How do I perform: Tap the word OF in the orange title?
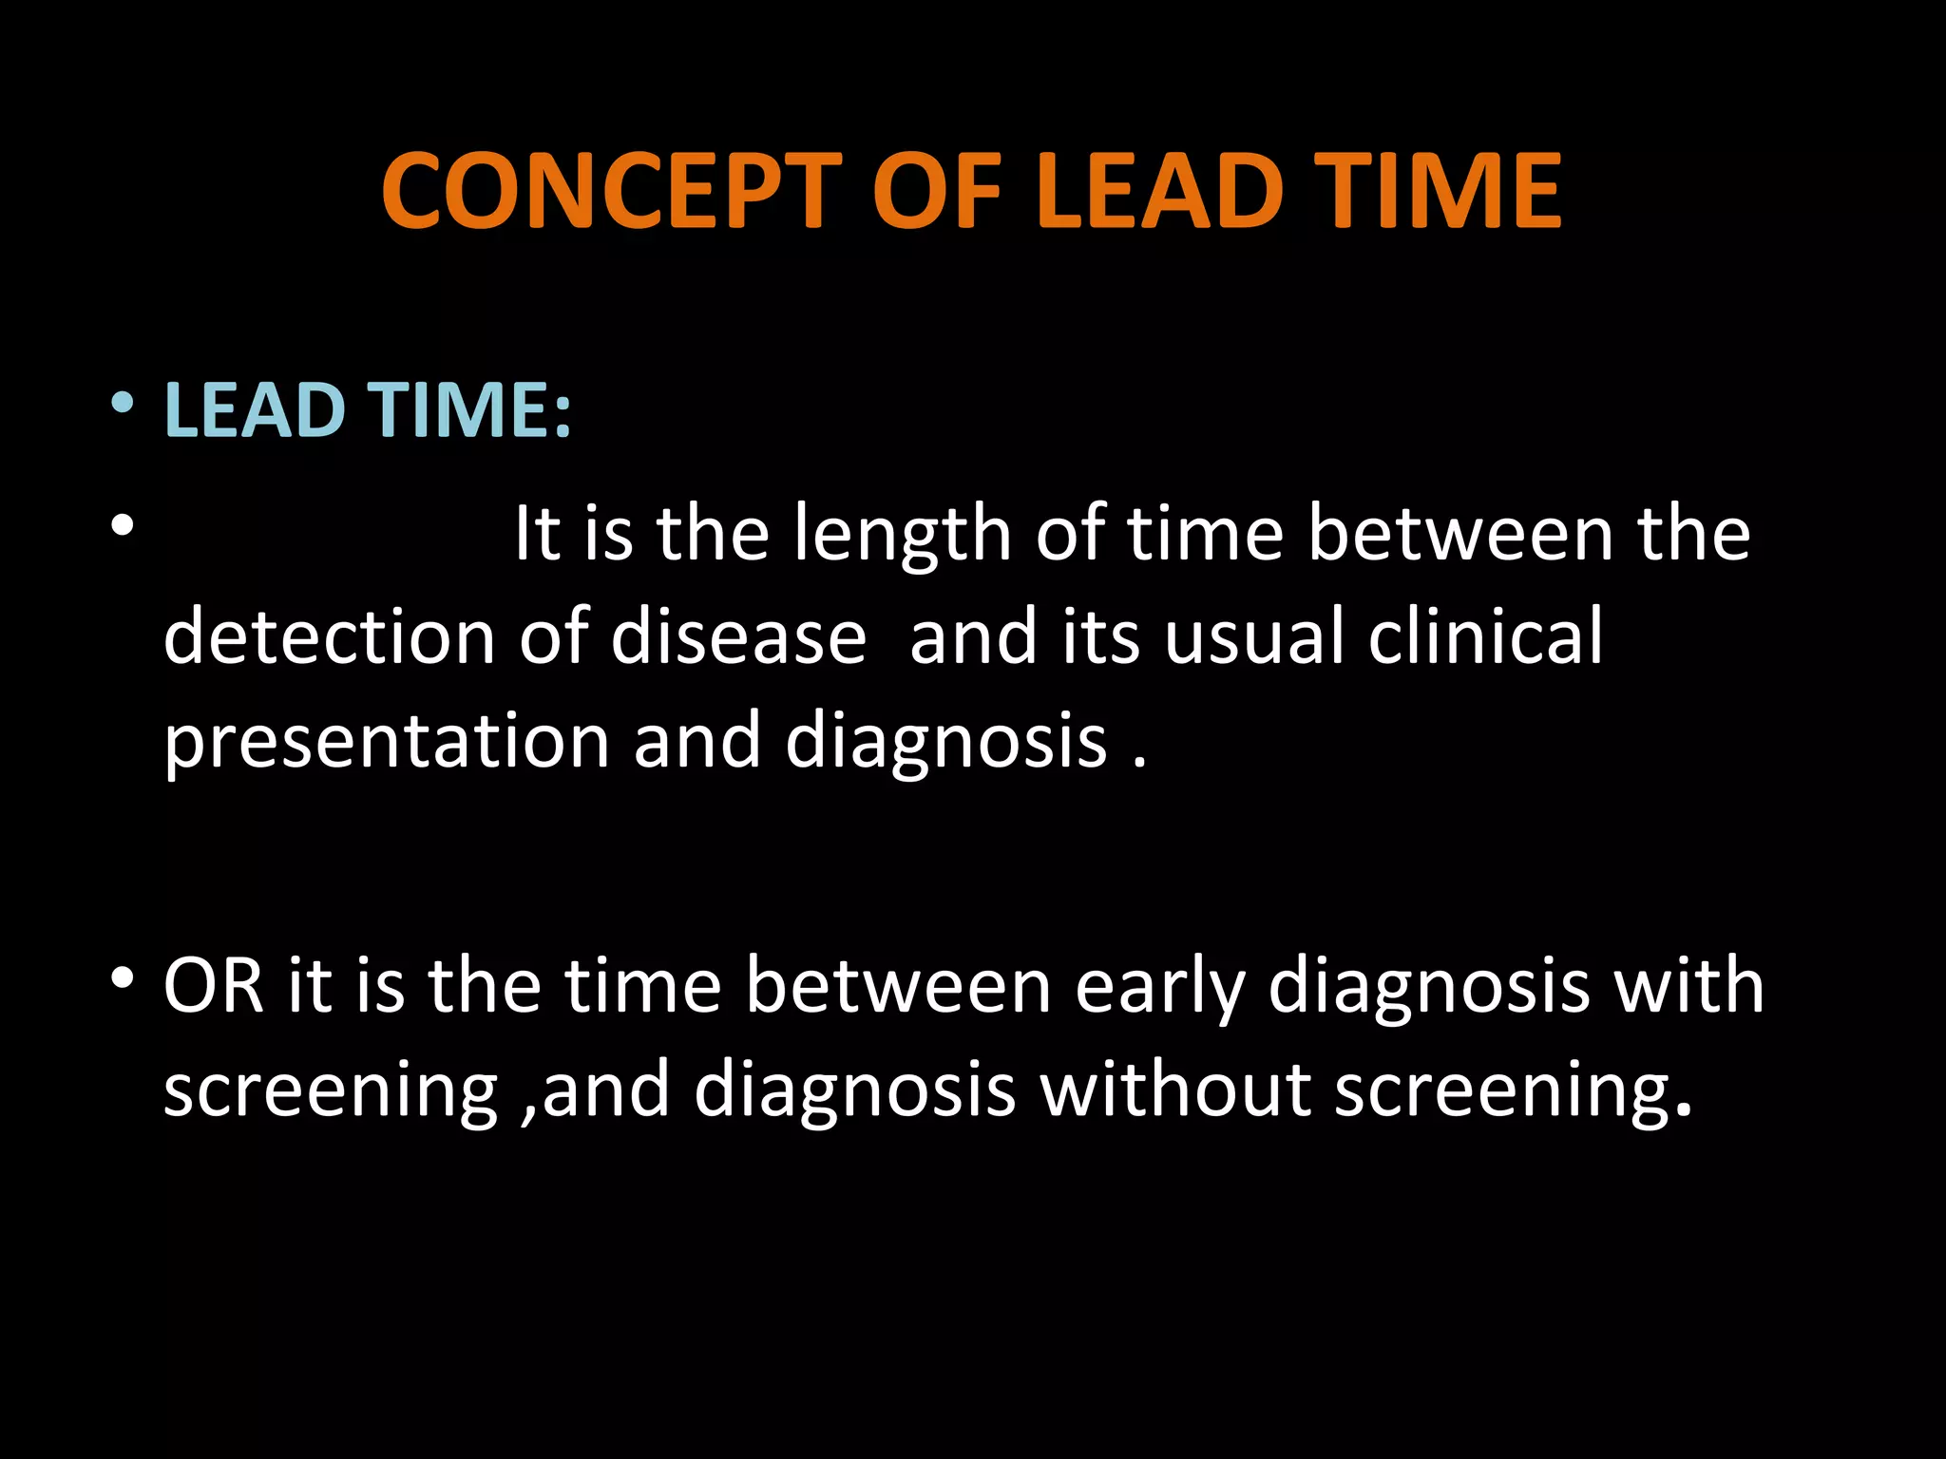937,192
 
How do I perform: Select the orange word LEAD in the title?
1160,192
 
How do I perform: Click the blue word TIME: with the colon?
469,410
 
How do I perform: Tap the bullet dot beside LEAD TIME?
122,405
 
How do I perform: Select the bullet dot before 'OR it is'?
122,978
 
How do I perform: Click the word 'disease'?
738,636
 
